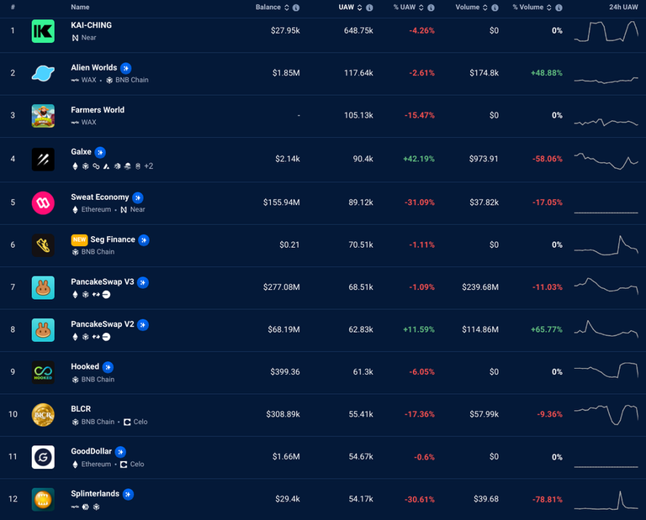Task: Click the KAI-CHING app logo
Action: click(43, 32)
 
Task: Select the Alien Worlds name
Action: click(93, 67)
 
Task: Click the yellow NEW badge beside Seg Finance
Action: click(79, 239)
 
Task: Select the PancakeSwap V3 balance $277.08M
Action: click(281, 286)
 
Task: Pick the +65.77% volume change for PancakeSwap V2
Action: click(547, 329)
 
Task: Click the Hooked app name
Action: click(85, 366)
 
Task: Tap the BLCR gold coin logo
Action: click(43, 415)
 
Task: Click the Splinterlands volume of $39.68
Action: click(485, 499)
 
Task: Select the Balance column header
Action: click(268, 8)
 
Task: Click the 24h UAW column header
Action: click(622, 8)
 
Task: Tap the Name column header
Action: click(80, 8)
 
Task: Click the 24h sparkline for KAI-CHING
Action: click(606, 31)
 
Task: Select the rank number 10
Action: click(13, 414)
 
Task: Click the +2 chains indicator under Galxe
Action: click(148, 166)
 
